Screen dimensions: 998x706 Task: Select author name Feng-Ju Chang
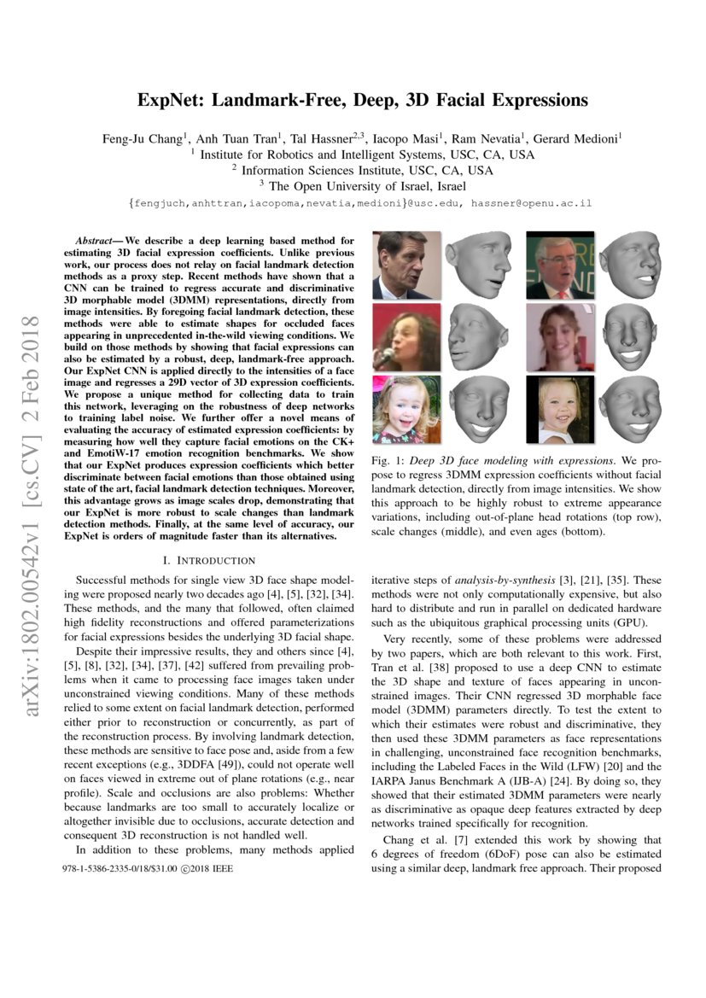(140, 137)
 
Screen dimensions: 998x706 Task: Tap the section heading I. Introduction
(207, 560)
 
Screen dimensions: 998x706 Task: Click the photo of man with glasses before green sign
(560, 265)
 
